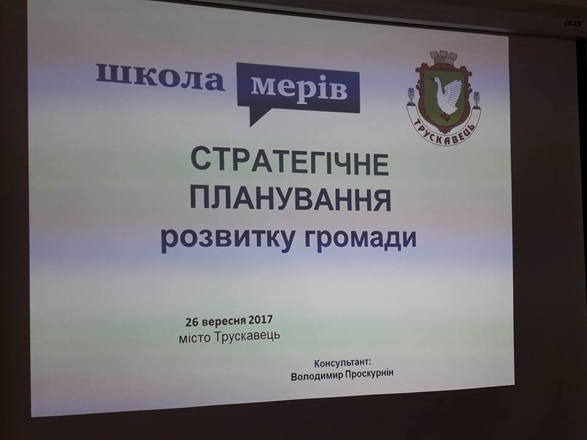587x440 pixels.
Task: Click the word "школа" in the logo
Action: pyautogui.click(x=160, y=78)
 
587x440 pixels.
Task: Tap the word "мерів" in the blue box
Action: pyautogui.click(x=299, y=88)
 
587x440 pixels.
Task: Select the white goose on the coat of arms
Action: pyautogui.click(x=446, y=96)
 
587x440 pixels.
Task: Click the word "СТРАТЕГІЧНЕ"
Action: pyautogui.click(x=290, y=162)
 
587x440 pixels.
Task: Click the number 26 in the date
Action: pyautogui.click(x=191, y=323)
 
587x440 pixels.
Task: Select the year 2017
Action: pyautogui.click(x=260, y=320)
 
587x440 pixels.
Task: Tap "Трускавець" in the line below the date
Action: pyautogui.click(x=248, y=335)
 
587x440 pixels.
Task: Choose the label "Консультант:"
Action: pyautogui.click(x=343, y=363)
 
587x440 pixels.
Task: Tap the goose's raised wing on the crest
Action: pyautogui.click(x=454, y=90)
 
